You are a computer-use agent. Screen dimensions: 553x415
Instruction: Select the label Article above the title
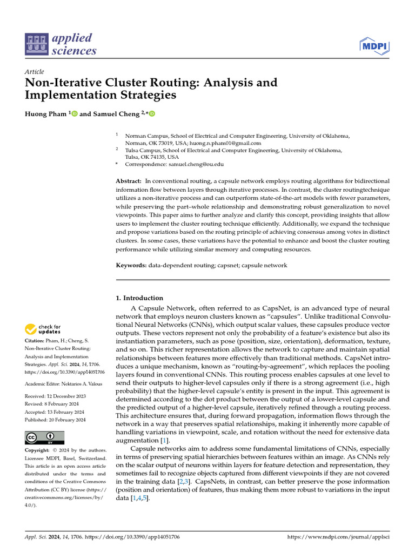pos(35,72)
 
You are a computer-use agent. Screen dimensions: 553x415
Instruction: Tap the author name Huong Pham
pos(46,114)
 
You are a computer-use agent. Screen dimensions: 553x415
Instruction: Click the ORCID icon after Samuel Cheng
pos(152,114)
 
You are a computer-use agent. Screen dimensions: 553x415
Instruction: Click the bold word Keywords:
pos(131,266)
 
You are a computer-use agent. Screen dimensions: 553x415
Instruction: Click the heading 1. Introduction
pos(140,298)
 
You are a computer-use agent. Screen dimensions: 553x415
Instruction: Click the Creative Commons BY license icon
pos(44,437)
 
